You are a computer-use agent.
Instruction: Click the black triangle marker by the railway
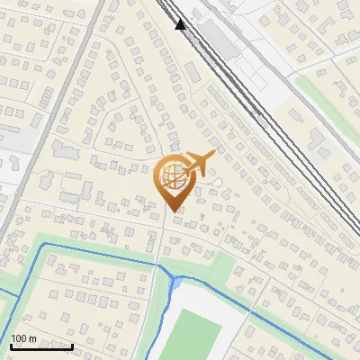tap(181, 24)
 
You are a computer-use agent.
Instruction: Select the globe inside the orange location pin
tap(172, 176)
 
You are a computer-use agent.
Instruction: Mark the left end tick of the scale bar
tap(10, 345)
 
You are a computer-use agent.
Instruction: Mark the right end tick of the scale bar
tap(72, 345)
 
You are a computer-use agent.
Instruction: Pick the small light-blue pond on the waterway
tap(176, 283)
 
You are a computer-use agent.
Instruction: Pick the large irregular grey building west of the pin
tap(67, 148)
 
